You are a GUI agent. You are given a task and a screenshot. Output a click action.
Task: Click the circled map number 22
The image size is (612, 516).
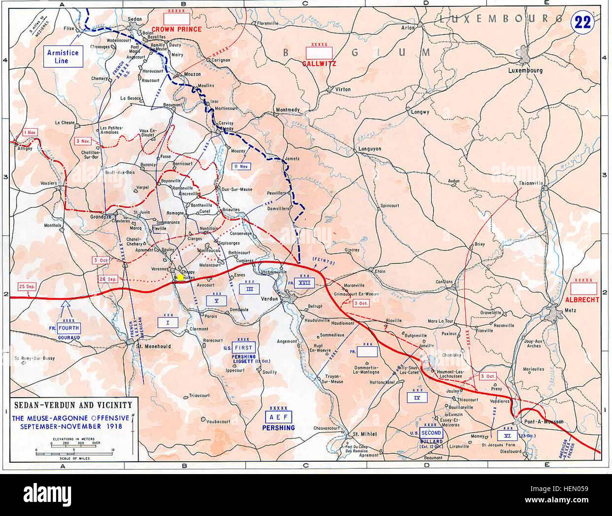click(582, 23)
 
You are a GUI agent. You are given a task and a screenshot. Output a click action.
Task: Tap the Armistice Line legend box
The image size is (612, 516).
click(63, 57)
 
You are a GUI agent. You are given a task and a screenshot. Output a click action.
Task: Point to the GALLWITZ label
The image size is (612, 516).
click(319, 63)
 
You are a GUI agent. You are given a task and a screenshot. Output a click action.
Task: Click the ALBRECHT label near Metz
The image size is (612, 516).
click(584, 300)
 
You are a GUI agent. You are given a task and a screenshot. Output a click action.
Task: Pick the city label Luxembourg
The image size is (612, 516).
click(525, 71)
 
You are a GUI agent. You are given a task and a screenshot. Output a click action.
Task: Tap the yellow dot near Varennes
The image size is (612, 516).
click(180, 277)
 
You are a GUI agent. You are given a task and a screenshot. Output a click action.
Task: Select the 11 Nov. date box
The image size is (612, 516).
click(242, 167)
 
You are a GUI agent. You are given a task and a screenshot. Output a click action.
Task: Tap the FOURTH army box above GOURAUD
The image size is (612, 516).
click(68, 328)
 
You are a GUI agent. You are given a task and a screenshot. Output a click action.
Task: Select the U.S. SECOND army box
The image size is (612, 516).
click(431, 433)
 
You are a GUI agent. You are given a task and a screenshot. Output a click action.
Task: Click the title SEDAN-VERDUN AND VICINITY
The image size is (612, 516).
click(72, 405)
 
